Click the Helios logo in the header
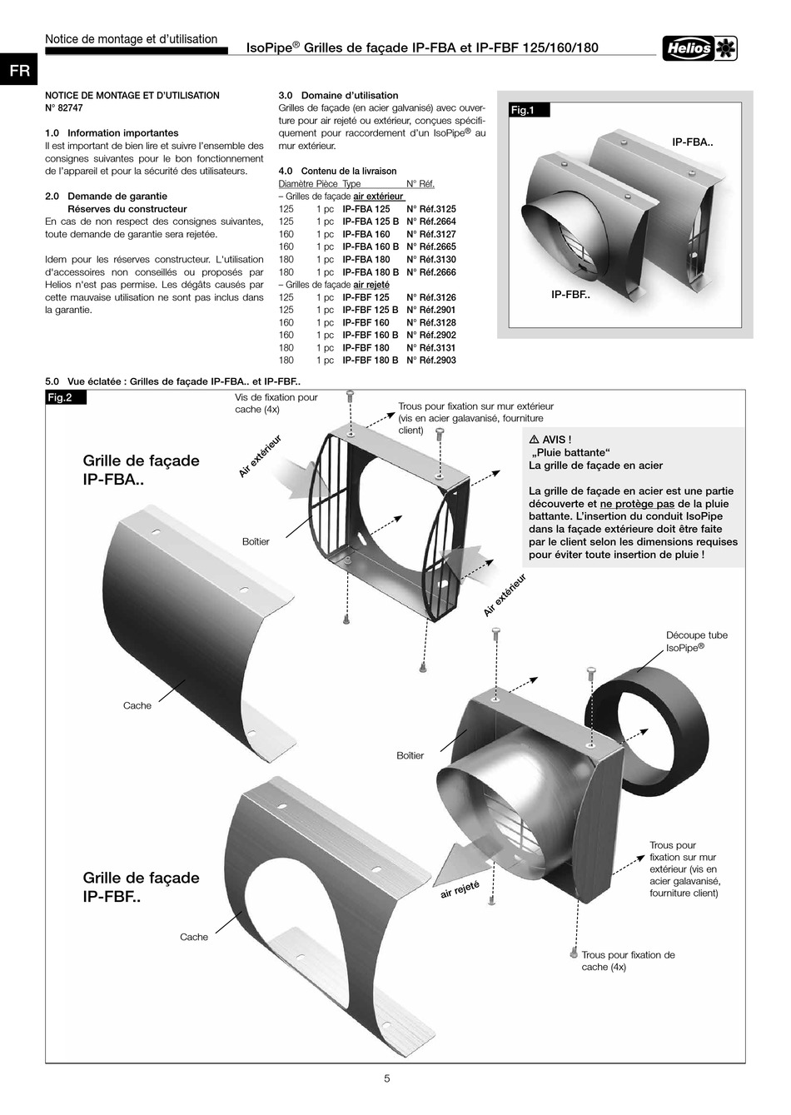pyautogui.click(x=699, y=49)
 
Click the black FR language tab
pyautogui.click(x=19, y=70)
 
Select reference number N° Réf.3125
pyautogui.click(x=431, y=209)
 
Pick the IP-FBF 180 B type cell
pyautogui.click(x=371, y=360)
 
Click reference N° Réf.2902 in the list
pyautogui.click(x=431, y=335)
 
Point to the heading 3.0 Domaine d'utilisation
pyautogui.click(x=339, y=95)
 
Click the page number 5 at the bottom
pyautogui.click(x=387, y=1078)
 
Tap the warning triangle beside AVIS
pyautogui.click(x=535, y=440)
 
